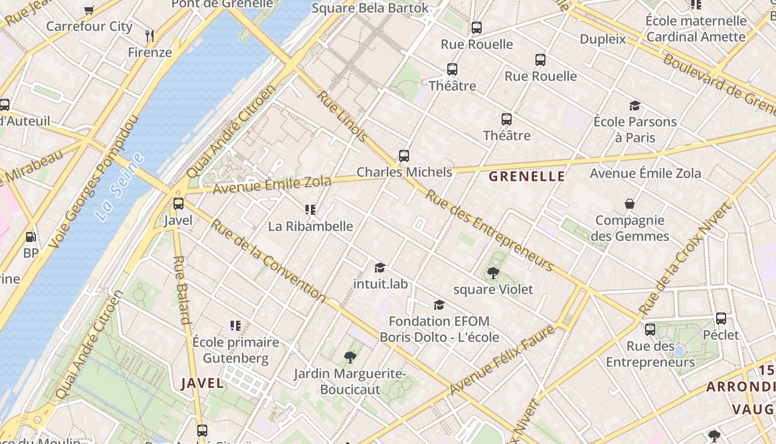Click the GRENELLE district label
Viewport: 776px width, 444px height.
pos(527,177)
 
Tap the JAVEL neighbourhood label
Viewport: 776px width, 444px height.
pos(203,383)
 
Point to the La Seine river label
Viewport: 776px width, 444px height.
pos(119,186)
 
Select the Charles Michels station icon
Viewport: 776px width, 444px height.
pos(404,156)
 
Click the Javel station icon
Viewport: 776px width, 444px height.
pos(178,204)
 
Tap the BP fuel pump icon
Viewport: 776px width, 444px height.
pos(31,237)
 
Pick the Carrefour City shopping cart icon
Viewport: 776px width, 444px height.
pos(89,9)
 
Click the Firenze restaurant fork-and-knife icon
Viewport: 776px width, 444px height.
pos(149,36)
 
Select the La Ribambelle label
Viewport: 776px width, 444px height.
pos(310,226)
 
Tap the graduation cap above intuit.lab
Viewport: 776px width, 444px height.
pos(380,268)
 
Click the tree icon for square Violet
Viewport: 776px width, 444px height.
pos(493,273)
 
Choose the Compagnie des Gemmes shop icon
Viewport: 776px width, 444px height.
pos(630,204)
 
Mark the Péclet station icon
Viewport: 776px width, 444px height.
pos(721,319)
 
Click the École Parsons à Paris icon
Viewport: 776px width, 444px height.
pos(635,105)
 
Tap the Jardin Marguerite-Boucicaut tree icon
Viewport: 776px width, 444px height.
pos(350,357)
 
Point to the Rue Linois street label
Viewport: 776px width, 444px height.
pos(342,115)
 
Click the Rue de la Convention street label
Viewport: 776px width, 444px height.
pos(268,261)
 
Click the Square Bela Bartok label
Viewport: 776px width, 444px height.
pos(370,8)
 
